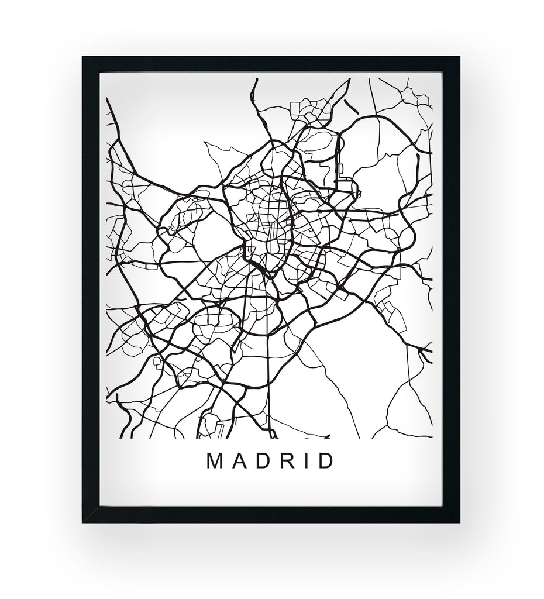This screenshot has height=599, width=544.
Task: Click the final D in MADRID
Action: point(325,462)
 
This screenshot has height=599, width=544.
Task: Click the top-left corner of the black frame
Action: point(85,59)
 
